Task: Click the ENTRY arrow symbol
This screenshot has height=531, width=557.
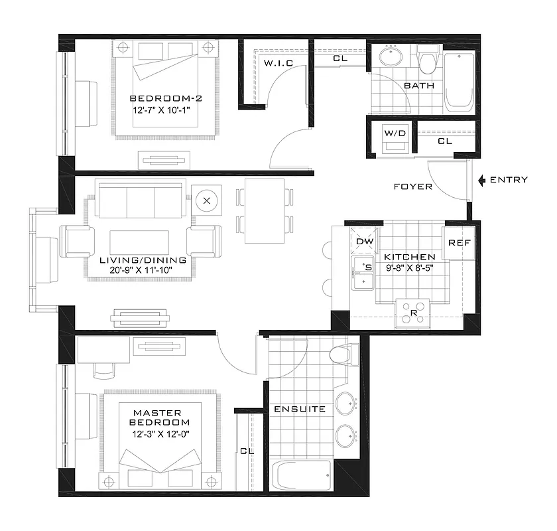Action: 481,180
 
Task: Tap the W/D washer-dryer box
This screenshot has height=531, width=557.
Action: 395,137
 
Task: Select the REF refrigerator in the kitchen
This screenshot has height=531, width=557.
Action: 459,244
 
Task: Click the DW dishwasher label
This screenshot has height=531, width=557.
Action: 365,242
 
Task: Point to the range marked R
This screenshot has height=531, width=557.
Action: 413,313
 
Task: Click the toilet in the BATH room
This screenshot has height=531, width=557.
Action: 428,59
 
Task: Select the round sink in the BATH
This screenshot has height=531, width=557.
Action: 391,57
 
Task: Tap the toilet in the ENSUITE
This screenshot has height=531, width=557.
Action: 343,354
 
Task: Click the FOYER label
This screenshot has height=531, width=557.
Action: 412,187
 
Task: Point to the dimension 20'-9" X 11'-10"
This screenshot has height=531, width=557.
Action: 140,271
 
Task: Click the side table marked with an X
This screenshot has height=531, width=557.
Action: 208,200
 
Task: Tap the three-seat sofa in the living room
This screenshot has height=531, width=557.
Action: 140,199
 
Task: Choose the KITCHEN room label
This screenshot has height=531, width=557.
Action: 409,257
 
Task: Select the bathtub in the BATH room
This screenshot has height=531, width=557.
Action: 459,82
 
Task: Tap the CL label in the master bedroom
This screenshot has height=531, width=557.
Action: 247,451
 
